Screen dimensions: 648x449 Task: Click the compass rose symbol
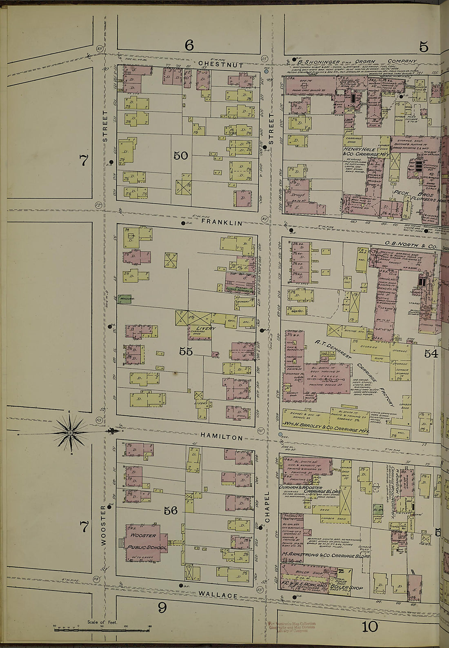pos(70,432)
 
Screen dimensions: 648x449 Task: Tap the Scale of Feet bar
pos(102,629)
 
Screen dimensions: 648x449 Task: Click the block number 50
pos(180,155)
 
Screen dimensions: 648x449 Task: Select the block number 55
pos(186,351)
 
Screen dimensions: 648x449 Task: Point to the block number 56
pos(171,510)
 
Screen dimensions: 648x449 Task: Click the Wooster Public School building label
pos(146,541)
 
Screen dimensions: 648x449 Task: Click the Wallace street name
pos(219,595)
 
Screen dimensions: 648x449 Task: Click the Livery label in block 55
pos(205,328)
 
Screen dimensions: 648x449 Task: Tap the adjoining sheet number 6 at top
pos(189,45)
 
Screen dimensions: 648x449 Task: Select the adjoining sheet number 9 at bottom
pos(162,608)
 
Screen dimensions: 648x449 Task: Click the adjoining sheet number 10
pos(369,626)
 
